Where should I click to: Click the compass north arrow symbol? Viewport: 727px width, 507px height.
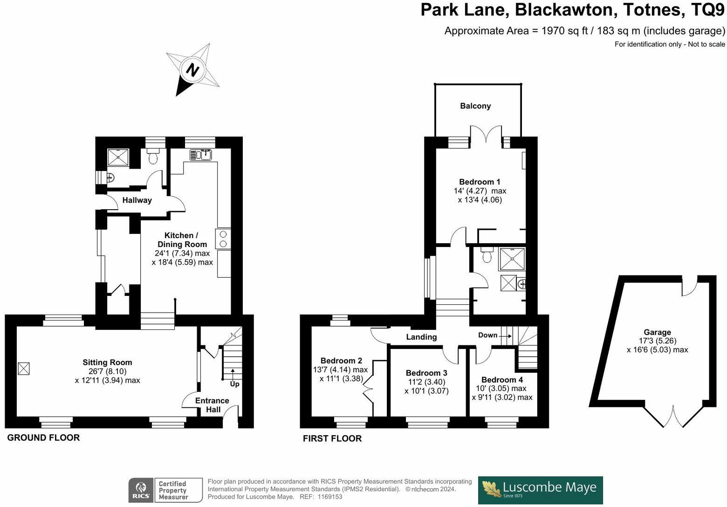click(x=192, y=70)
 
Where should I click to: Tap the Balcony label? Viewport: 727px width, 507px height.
click(x=475, y=106)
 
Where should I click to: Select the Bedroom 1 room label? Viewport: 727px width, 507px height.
click(x=480, y=182)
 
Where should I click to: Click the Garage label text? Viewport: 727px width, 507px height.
click(x=657, y=332)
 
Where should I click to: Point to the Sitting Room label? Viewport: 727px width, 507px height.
click(x=107, y=362)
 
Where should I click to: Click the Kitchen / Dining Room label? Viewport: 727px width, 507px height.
click(x=182, y=240)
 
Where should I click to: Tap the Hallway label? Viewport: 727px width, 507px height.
click(x=137, y=200)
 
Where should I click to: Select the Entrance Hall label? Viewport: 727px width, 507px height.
click(x=212, y=405)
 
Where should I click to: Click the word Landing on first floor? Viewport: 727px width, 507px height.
click(x=421, y=337)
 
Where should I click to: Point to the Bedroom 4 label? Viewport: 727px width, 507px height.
click(x=502, y=379)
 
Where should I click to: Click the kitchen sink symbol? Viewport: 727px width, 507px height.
click(x=201, y=155)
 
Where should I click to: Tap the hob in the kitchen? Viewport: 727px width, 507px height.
click(x=223, y=239)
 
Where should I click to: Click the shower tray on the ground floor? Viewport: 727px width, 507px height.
click(x=118, y=158)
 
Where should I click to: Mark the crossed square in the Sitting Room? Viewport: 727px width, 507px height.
click(x=24, y=369)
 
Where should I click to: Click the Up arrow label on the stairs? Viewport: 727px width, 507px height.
click(x=234, y=384)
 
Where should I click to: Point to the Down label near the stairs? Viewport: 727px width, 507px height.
click(x=487, y=335)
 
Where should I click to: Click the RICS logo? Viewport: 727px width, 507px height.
click(x=141, y=490)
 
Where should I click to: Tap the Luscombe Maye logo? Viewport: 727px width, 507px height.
click(x=541, y=490)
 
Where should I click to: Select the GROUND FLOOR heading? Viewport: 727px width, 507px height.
click(x=43, y=438)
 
